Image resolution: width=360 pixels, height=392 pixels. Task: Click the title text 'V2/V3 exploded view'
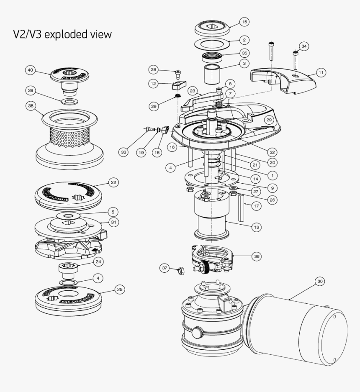[x=62, y=34]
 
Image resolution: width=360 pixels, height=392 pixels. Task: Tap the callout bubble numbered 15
[x=244, y=21]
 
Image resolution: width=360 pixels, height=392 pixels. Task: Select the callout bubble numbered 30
[x=320, y=282]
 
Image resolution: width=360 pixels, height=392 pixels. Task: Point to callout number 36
[x=256, y=256]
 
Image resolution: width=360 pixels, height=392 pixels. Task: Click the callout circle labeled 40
[x=30, y=70]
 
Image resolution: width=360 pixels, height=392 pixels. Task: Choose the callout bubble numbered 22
[x=113, y=182]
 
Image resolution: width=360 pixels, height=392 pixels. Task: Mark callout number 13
[x=256, y=227]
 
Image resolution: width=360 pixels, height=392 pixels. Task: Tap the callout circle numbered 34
[x=304, y=46]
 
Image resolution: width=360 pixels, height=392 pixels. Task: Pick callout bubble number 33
[x=123, y=152]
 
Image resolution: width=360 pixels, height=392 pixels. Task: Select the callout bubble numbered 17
[x=256, y=206]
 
